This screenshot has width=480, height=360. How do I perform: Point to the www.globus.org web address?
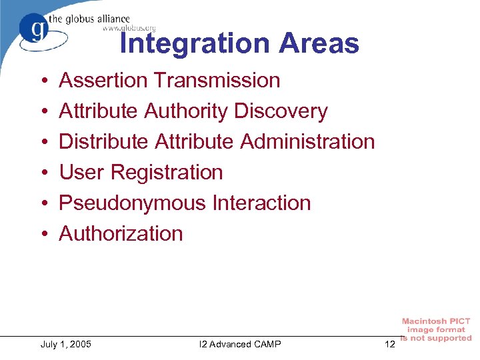(129, 28)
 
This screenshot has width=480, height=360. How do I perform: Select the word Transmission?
(217, 81)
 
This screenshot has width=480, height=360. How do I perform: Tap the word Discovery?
(281, 111)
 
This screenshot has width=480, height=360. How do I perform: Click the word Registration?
(167, 173)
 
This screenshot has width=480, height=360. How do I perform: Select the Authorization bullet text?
(121, 234)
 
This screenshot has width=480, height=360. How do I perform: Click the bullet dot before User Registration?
(43, 173)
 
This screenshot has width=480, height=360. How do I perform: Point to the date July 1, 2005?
(66, 344)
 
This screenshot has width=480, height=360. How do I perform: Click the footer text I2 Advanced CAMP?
(240, 344)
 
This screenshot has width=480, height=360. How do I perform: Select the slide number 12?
(390, 344)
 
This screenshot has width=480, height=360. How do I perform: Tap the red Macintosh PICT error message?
(436, 330)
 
